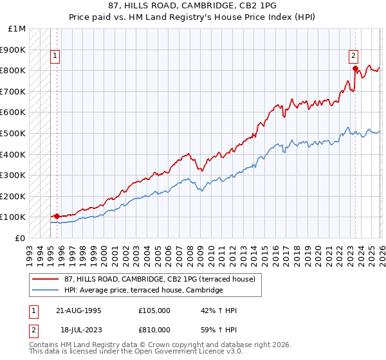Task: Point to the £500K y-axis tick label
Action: point(14,133)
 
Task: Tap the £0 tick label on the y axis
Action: point(21,238)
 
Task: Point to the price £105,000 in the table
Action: point(154,310)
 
